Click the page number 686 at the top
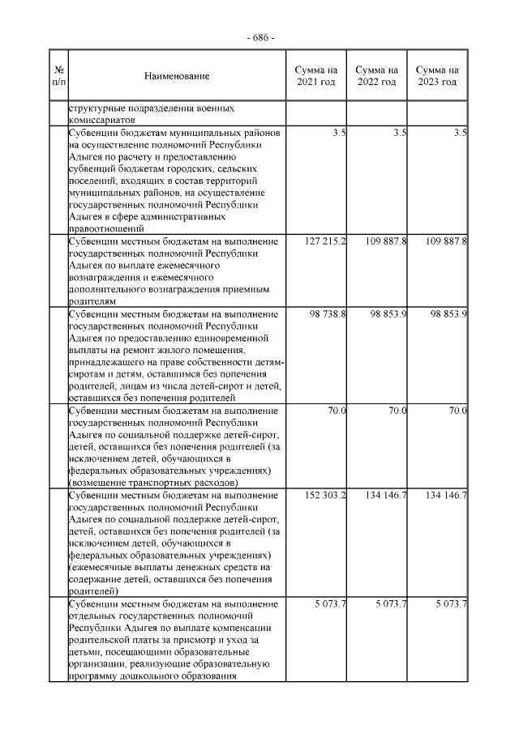point(259,38)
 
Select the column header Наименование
point(177,76)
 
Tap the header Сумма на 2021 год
point(316,76)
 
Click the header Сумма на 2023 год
point(437,76)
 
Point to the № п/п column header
point(58,76)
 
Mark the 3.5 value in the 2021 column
point(340,132)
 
